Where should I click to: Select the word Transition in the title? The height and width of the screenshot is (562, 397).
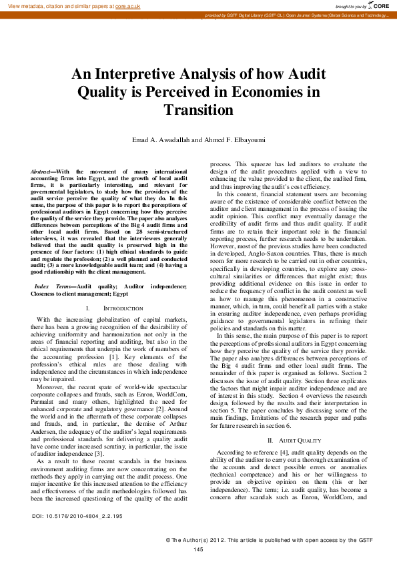pos(198,109)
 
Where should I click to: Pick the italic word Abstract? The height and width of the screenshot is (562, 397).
pos(42,172)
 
